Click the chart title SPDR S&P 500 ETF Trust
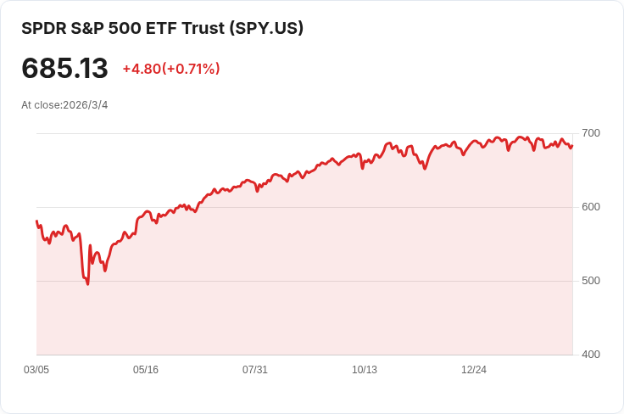(122, 28)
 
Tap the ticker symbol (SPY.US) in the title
(266, 28)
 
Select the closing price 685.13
(64, 69)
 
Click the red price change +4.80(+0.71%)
(171, 69)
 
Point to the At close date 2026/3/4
(86, 105)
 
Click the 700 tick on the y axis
(590, 133)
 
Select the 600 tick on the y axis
(590, 207)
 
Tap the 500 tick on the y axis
(590, 281)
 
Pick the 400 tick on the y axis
(590, 355)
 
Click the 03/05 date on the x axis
(36, 370)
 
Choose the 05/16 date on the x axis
(146, 370)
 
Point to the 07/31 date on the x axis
(255, 370)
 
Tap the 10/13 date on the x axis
(365, 370)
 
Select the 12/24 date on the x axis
(474, 370)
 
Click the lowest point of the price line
(87, 284)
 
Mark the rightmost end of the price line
(572, 145)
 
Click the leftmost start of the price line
(36, 221)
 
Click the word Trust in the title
(203, 28)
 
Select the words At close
(41, 105)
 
